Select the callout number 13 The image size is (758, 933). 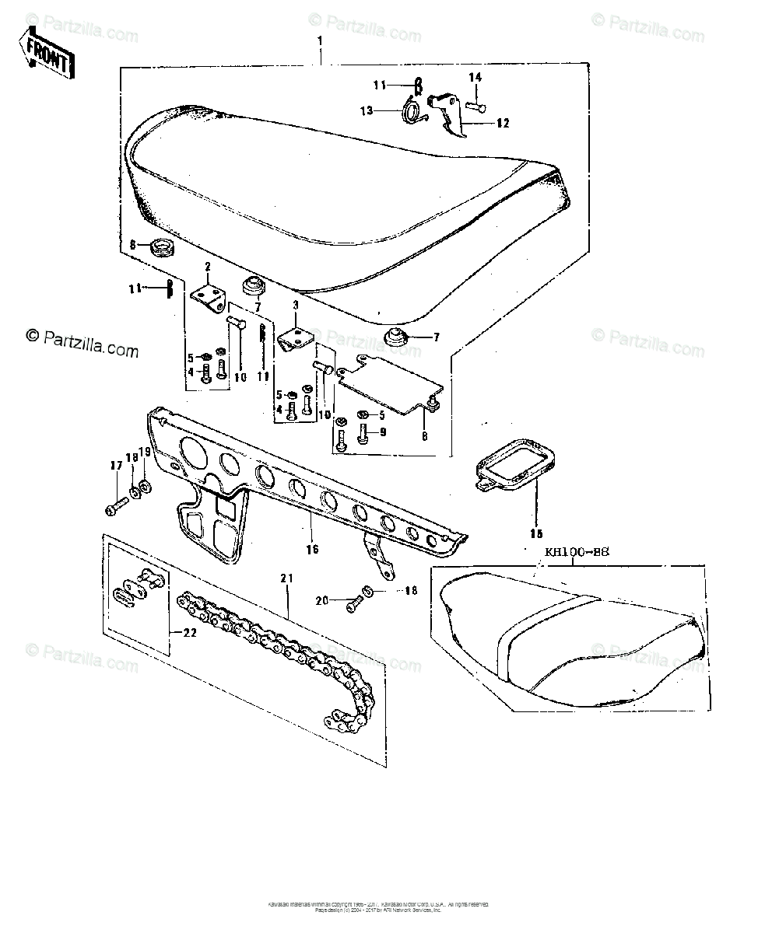click(x=367, y=110)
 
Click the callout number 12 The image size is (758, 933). click(x=502, y=123)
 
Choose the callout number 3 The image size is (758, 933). click(x=296, y=307)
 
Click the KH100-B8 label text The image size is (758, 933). click(x=577, y=553)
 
